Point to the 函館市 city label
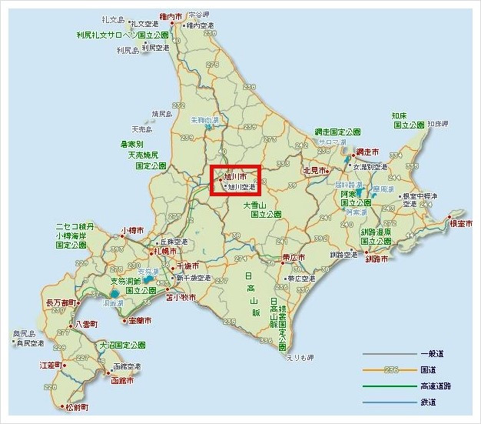tap(122, 381)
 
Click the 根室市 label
tap(463, 223)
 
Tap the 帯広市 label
tap(293, 258)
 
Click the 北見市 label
tap(315, 171)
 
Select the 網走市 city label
tap(369, 153)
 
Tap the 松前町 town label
tap(78, 406)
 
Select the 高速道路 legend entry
tap(436, 386)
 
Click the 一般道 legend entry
tap(431, 353)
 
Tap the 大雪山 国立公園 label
tap(254, 211)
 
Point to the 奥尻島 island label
tap(25, 333)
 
